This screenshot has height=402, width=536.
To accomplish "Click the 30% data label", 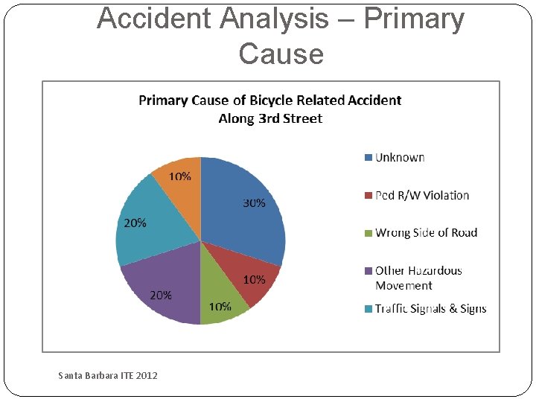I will coord(254,203).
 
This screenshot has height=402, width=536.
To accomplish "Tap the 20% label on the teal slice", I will coord(135,223).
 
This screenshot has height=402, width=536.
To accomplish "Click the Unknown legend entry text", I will coord(400,157).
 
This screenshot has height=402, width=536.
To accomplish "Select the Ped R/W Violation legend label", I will coord(422,195).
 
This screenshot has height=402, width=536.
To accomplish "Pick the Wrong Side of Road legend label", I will coord(426,233).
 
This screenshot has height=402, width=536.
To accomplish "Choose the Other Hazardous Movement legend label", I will coord(418,278).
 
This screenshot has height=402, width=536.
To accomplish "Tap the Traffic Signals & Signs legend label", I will coord(430,308).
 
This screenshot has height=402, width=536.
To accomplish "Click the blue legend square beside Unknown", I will coord(368,157).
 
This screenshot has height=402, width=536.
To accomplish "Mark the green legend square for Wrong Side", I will coord(368,233).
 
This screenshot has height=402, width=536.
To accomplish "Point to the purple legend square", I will coord(368,271).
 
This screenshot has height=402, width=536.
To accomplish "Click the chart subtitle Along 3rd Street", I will coord(270,118).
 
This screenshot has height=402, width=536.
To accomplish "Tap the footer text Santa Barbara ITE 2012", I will coord(108,375).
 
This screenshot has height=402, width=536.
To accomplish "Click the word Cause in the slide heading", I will coord(281,54).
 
